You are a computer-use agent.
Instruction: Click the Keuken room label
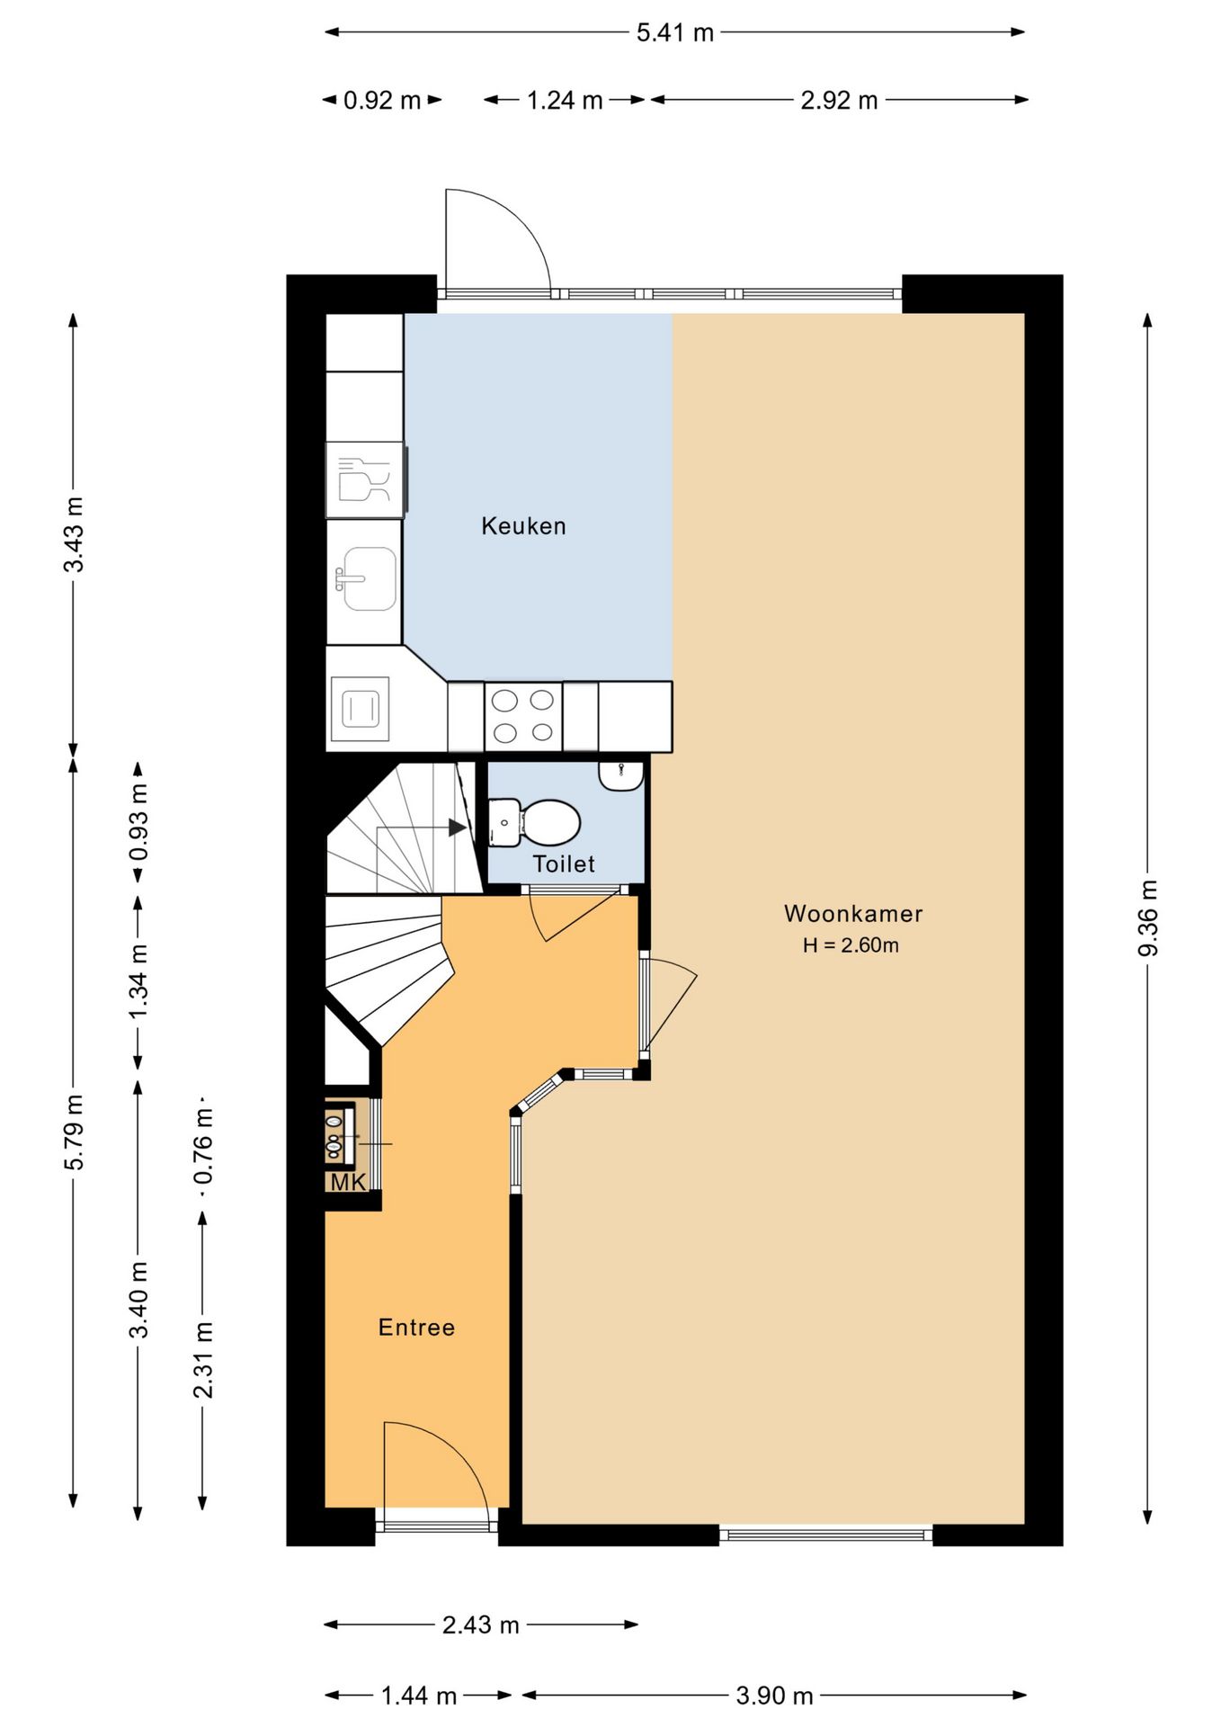point(523,526)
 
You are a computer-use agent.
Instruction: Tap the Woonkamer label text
point(853,914)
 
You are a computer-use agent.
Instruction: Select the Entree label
point(416,1328)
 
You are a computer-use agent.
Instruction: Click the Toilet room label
point(564,864)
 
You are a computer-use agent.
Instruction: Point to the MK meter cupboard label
point(348,1182)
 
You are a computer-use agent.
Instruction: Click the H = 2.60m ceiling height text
point(851,945)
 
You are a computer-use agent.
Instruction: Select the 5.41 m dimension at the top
point(674,33)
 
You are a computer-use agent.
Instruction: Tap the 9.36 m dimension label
point(1148,918)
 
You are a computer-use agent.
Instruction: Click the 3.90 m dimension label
point(774,1696)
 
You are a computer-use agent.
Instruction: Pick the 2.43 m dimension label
point(480,1624)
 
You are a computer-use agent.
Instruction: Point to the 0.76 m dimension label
point(203,1146)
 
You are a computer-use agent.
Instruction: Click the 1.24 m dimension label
point(565,100)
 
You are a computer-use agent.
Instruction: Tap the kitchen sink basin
point(367,578)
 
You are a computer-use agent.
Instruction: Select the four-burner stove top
point(523,717)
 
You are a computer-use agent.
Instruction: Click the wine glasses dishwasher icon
point(364,479)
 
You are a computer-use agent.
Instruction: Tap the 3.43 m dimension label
point(74,534)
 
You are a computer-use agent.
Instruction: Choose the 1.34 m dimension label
point(138,981)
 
